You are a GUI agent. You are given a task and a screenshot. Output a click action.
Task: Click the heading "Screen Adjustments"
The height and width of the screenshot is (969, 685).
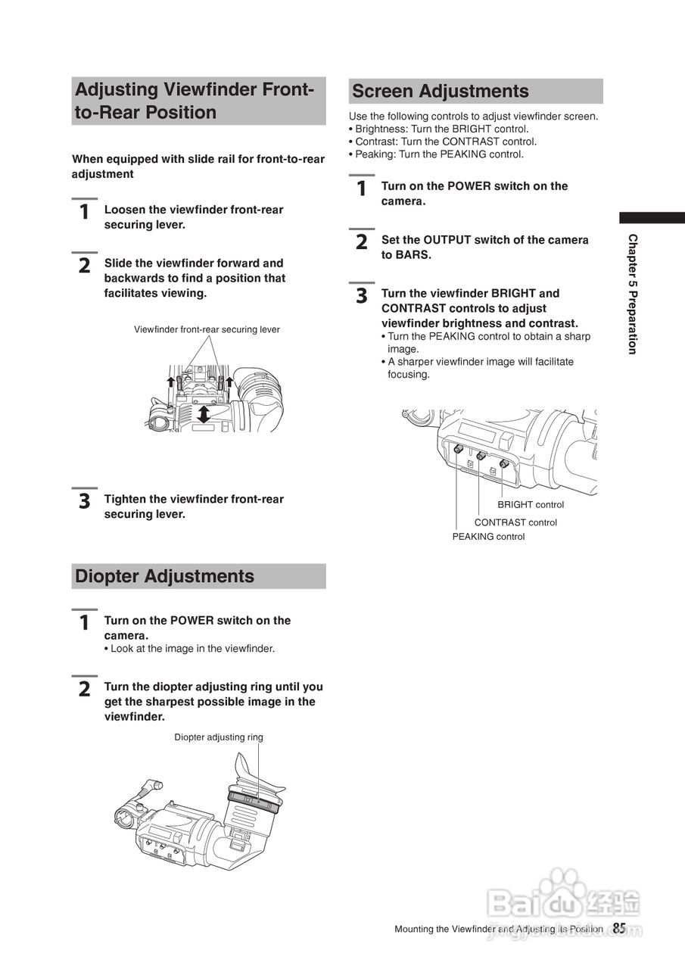pos(441,92)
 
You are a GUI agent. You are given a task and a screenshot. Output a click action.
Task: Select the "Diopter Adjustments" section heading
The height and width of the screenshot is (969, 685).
pos(164,576)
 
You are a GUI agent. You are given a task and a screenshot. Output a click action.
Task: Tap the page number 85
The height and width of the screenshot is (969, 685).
pos(619,928)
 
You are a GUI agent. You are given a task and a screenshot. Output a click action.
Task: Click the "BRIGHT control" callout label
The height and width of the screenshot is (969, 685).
pos(530,505)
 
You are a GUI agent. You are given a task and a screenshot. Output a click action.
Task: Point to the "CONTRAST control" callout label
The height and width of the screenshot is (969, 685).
pos(515,522)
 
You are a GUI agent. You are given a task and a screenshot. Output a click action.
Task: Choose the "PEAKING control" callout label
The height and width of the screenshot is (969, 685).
pos(488,537)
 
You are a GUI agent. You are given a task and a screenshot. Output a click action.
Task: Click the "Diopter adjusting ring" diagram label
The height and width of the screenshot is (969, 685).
pos(219,737)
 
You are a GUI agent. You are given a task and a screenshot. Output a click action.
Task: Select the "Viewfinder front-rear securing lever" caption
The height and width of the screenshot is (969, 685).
pos(207,329)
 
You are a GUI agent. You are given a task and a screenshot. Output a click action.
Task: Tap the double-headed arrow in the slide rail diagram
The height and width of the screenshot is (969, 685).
pos(203,413)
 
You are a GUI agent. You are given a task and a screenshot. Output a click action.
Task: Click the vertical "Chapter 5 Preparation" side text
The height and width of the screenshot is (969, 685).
pos(632,294)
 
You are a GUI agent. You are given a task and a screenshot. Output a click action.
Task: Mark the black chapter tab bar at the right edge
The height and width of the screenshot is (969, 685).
pos(652,217)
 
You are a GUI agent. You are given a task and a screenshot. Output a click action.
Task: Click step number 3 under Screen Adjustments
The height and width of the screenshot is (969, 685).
pos(362,296)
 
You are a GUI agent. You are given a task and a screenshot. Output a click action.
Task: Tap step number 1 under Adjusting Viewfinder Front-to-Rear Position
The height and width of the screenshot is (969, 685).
pos(85,212)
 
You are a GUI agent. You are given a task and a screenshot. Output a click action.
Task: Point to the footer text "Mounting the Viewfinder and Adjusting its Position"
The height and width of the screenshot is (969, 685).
pos(498,929)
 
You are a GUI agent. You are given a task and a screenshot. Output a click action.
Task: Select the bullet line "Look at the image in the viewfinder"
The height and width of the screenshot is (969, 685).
pos(192,649)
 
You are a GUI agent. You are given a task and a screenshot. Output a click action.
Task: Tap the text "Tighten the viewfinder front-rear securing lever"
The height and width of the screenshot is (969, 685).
pos(194,506)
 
